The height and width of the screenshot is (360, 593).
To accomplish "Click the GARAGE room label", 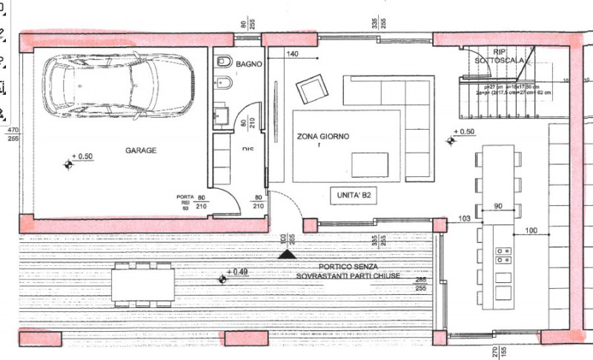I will pos(140,150).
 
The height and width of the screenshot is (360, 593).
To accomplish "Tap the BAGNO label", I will pos(249,64).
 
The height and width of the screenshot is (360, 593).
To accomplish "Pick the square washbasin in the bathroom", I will pos(220,116).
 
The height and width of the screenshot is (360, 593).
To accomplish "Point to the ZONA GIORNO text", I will pos(322,137).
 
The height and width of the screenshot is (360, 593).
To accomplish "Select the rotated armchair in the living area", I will pos(310,90).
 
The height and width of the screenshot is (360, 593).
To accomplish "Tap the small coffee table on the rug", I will pos(370,164).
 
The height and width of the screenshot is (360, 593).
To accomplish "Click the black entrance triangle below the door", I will pos(285,253).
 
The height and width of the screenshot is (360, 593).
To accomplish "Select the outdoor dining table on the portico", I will pos(143,284).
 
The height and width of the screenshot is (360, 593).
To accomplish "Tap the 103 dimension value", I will pos(466,219).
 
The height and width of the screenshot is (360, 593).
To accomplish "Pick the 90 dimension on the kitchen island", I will pos(497,205).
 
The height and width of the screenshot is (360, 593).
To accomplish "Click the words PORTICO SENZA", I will pos(348,266).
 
